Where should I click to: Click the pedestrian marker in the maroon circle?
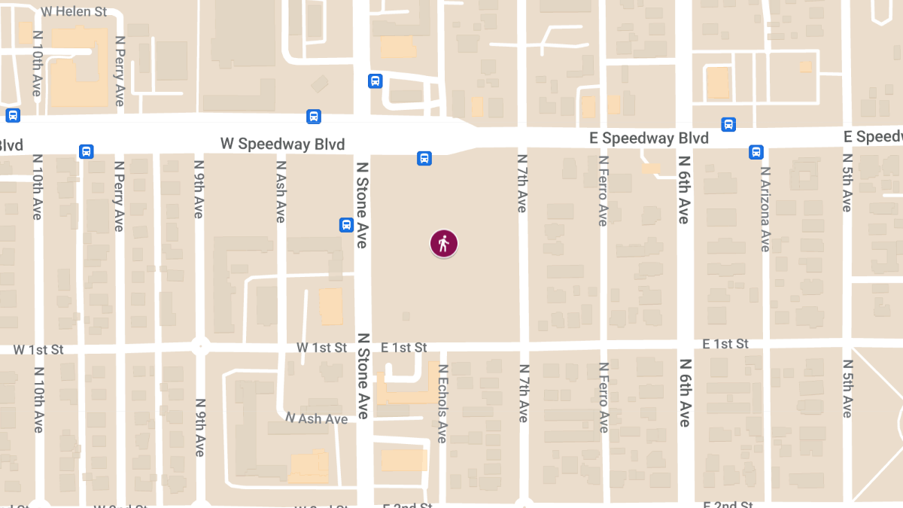pos(444,244)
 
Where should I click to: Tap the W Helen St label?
pos(74,12)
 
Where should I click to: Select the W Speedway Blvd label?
pos(282,144)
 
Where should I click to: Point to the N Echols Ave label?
pos(442,403)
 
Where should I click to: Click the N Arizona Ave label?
pos(765,210)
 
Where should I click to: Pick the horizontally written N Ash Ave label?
pos(316,418)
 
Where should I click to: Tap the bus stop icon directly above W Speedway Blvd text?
pos(314,117)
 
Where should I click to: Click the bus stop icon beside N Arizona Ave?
pos(756,152)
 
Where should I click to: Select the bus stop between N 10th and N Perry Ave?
pos(87,151)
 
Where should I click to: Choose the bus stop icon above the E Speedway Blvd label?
pos(728,124)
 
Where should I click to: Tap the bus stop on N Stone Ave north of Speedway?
pos(375,81)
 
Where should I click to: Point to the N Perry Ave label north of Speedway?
pos(120,71)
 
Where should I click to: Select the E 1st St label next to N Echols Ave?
pos(403,348)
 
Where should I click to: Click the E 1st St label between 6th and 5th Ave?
pos(725,344)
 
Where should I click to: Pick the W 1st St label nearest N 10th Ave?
pos(38,350)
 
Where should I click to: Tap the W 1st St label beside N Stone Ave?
pos(321,348)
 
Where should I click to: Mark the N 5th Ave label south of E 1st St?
pos(847,391)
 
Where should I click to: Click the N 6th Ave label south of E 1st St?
pos(684,393)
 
